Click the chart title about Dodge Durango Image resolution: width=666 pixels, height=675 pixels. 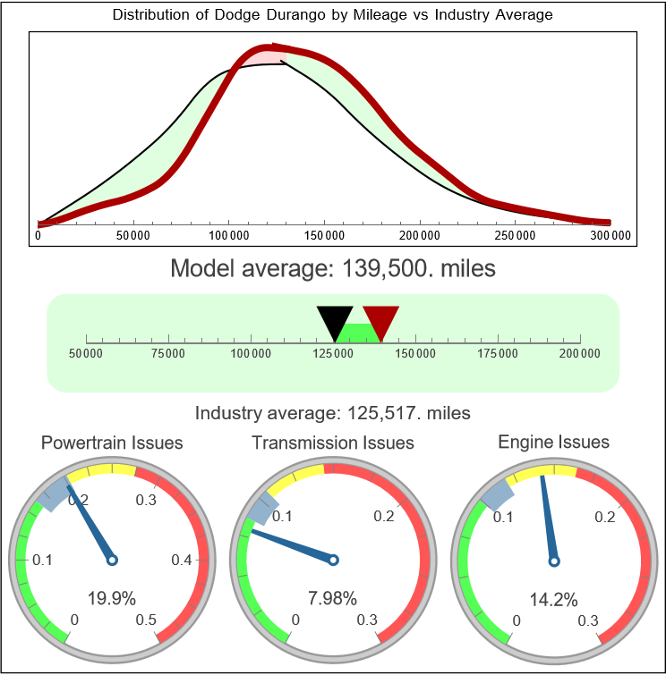(x=333, y=15)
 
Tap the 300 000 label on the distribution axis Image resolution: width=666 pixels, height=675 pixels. (x=610, y=235)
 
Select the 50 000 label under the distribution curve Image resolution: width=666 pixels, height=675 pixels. (x=133, y=235)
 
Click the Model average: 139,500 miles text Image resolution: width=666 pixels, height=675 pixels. (x=333, y=268)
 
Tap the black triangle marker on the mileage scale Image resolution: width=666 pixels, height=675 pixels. (x=335, y=321)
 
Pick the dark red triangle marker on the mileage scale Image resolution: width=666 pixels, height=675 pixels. (x=381, y=321)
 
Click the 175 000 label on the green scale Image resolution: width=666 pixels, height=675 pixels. (x=498, y=354)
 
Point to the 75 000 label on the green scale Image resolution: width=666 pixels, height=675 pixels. (x=168, y=354)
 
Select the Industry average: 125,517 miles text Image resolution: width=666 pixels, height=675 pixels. (x=333, y=413)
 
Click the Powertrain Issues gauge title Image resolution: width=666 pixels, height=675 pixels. (x=113, y=443)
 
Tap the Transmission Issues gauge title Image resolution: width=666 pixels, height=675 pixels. (x=333, y=443)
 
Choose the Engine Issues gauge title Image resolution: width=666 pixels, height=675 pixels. (x=553, y=442)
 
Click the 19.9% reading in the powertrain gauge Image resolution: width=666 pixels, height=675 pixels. (x=106, y=598)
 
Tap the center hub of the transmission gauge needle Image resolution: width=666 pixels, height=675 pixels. (x=333, y=561)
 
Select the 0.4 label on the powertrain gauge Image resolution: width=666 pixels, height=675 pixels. (x=182, y=561)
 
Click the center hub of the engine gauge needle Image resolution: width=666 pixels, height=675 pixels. (x=553, y=561)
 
